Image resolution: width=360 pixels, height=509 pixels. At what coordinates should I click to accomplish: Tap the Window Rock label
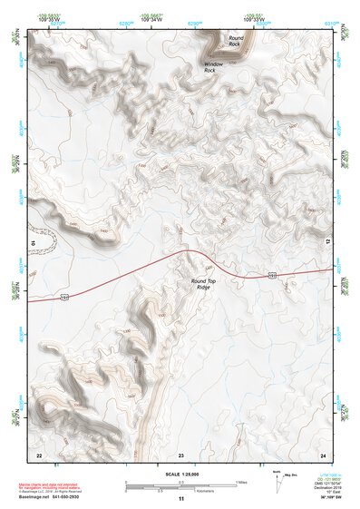(x=213, y=65)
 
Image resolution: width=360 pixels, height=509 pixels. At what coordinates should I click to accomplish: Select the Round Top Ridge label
(x=204, y=283)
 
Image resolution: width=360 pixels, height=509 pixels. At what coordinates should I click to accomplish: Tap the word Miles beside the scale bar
(x=240, y=481)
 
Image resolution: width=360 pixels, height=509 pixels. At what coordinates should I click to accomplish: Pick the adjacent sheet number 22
(x=39, y=454)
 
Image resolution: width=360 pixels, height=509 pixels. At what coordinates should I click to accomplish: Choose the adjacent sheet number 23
(x=180, y=454)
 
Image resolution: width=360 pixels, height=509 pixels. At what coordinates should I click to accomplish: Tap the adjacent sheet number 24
(x=323, y=454)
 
